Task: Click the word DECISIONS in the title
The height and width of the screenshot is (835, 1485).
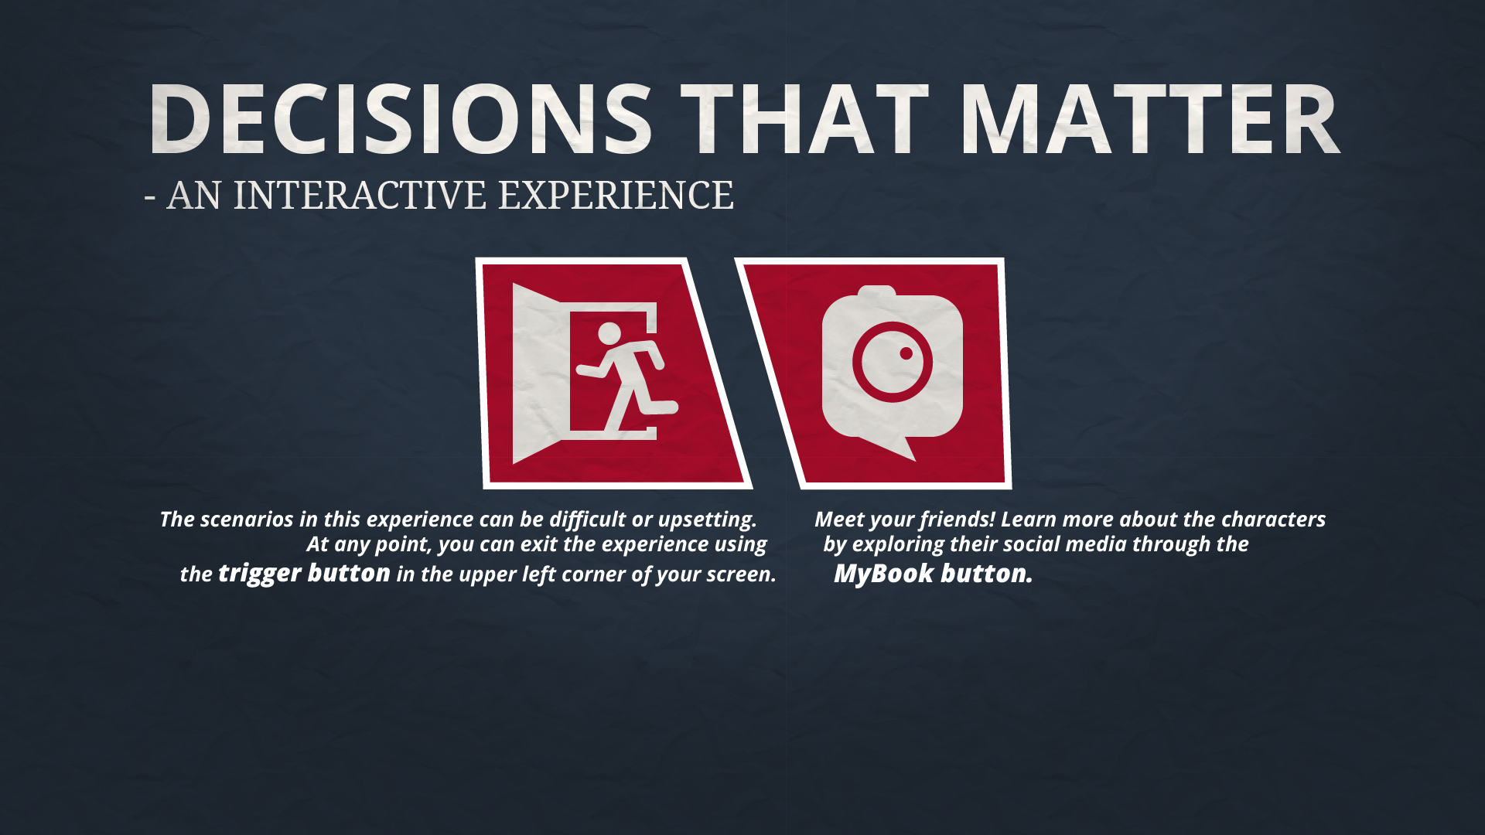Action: pos(401,118)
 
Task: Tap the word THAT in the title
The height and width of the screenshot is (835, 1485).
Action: pos(804,118)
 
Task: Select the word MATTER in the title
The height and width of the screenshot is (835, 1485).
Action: pos(1150,118)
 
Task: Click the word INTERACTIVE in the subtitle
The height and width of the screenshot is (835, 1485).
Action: pos(360,195)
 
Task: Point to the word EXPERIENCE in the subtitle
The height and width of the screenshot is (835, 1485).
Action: pos(616,195)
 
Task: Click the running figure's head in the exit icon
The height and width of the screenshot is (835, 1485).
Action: pos(609,333)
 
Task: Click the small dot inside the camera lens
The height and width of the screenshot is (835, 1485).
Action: pos(906,353)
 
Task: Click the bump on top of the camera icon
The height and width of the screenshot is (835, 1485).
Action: pos(877,291)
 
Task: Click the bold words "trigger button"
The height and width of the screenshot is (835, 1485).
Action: pos(304,574)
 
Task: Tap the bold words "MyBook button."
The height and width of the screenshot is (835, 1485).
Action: pos(933,574)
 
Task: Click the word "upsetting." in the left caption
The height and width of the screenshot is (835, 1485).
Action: pos(707,520)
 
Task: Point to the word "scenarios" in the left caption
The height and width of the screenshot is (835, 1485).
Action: pos(247,520)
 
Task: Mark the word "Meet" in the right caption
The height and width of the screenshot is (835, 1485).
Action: pos(838,519)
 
